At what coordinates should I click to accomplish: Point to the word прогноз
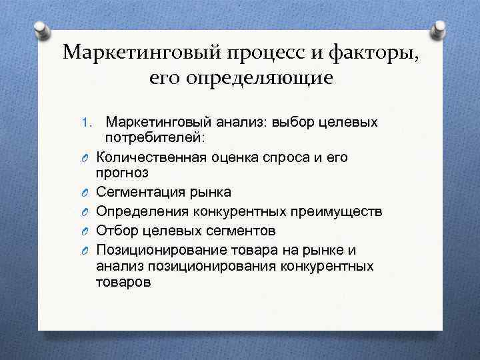tap(122, 172)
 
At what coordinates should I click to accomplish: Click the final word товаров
tap(123, 282)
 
